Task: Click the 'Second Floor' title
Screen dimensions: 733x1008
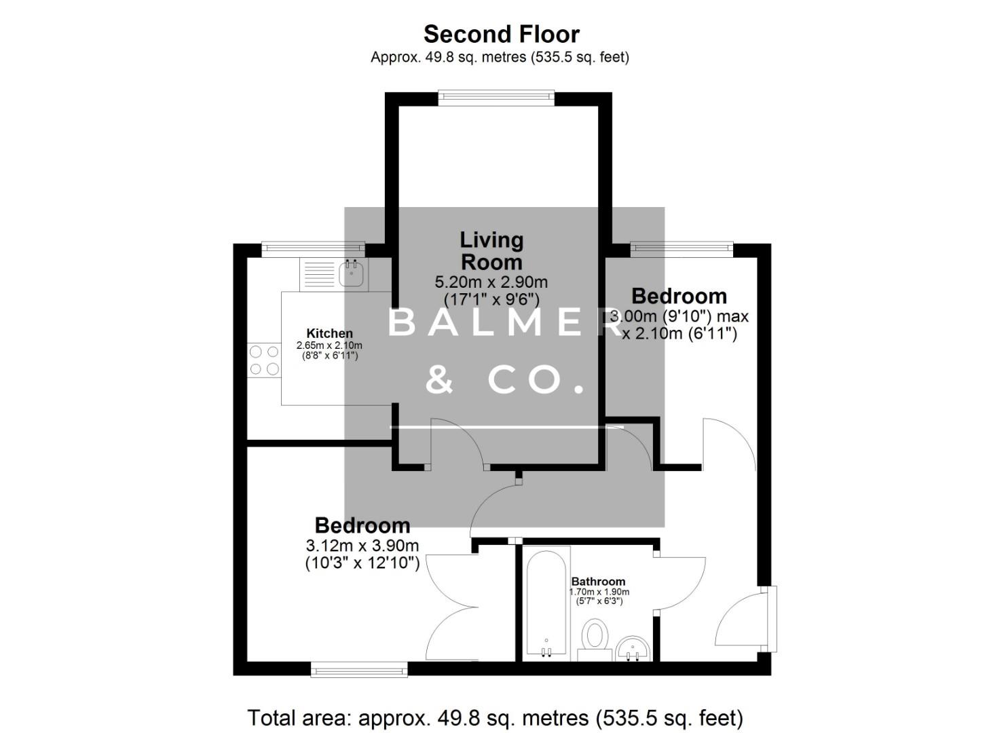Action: (502, 34)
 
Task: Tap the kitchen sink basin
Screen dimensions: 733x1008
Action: (352, 274)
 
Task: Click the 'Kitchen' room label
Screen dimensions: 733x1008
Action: (329, 333)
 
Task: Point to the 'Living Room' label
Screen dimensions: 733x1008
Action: (491, 250)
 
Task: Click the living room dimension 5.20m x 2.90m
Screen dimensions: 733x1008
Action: (491, 282)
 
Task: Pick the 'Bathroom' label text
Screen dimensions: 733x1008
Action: (598, 582)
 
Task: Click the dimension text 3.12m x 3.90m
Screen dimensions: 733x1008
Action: (362, 546)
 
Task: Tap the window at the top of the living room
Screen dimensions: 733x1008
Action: (496, 98)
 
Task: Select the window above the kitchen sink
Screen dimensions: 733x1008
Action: (313, 249)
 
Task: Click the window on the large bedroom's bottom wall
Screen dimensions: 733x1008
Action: (359, 670)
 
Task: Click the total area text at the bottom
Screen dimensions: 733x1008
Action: (496, 717)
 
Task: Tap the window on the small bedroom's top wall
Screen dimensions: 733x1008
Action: (682, 249)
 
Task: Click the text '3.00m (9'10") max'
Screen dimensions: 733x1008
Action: (680, 316)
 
